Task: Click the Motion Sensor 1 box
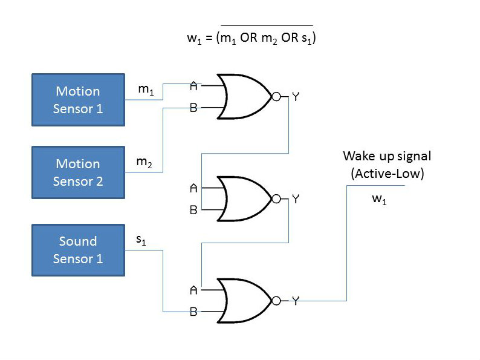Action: (78, 100)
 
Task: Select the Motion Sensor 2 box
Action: (78, 172)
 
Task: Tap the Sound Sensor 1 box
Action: (78, 250)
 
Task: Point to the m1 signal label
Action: (146, 90)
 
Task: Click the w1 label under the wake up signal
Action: (379, 200)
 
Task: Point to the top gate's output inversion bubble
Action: (276, 97)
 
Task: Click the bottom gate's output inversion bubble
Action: (276, 301)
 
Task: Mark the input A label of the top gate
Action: (193, 86)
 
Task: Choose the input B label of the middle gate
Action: (193, 211)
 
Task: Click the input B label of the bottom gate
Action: (193, 312)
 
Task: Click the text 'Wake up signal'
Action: (387, 156)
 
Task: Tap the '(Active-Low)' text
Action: (387, 174)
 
